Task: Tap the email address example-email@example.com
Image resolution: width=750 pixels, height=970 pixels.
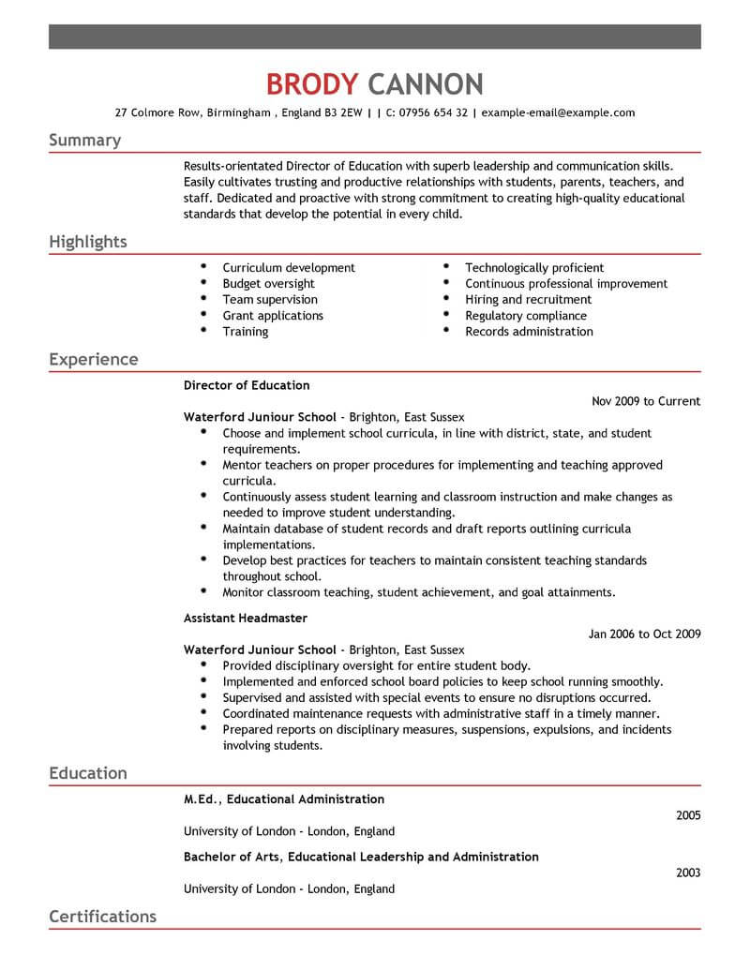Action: coord(559,112)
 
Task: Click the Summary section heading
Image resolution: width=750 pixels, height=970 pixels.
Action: coord(84,141)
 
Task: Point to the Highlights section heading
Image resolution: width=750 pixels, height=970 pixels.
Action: coord(87,242)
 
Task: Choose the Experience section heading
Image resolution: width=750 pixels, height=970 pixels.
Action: coord(93,359)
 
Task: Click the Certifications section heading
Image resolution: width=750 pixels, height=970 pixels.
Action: coord(102,916)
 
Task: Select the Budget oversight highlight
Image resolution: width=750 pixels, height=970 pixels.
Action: coord(268,284)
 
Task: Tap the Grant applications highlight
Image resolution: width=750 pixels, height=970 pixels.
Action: coord(273,316)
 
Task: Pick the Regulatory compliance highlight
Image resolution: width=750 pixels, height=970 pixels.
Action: coord(526,316)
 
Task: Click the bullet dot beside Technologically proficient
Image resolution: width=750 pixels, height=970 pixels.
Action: coord(446,267)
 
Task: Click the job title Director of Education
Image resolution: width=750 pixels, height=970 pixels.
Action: coord(247,385)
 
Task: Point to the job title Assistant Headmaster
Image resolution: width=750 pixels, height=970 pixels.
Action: coord(246,619)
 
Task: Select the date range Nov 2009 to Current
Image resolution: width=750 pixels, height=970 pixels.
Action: coord(646,401)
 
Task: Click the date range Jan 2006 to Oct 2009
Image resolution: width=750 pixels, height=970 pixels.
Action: coord(644,634)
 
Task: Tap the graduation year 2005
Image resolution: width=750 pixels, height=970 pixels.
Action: coord(687,815)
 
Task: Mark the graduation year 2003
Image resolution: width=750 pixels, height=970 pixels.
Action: coord(687,873)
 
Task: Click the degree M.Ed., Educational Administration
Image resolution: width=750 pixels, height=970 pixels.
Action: coord(284,799)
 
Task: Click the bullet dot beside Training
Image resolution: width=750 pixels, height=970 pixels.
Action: coord(203,331)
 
